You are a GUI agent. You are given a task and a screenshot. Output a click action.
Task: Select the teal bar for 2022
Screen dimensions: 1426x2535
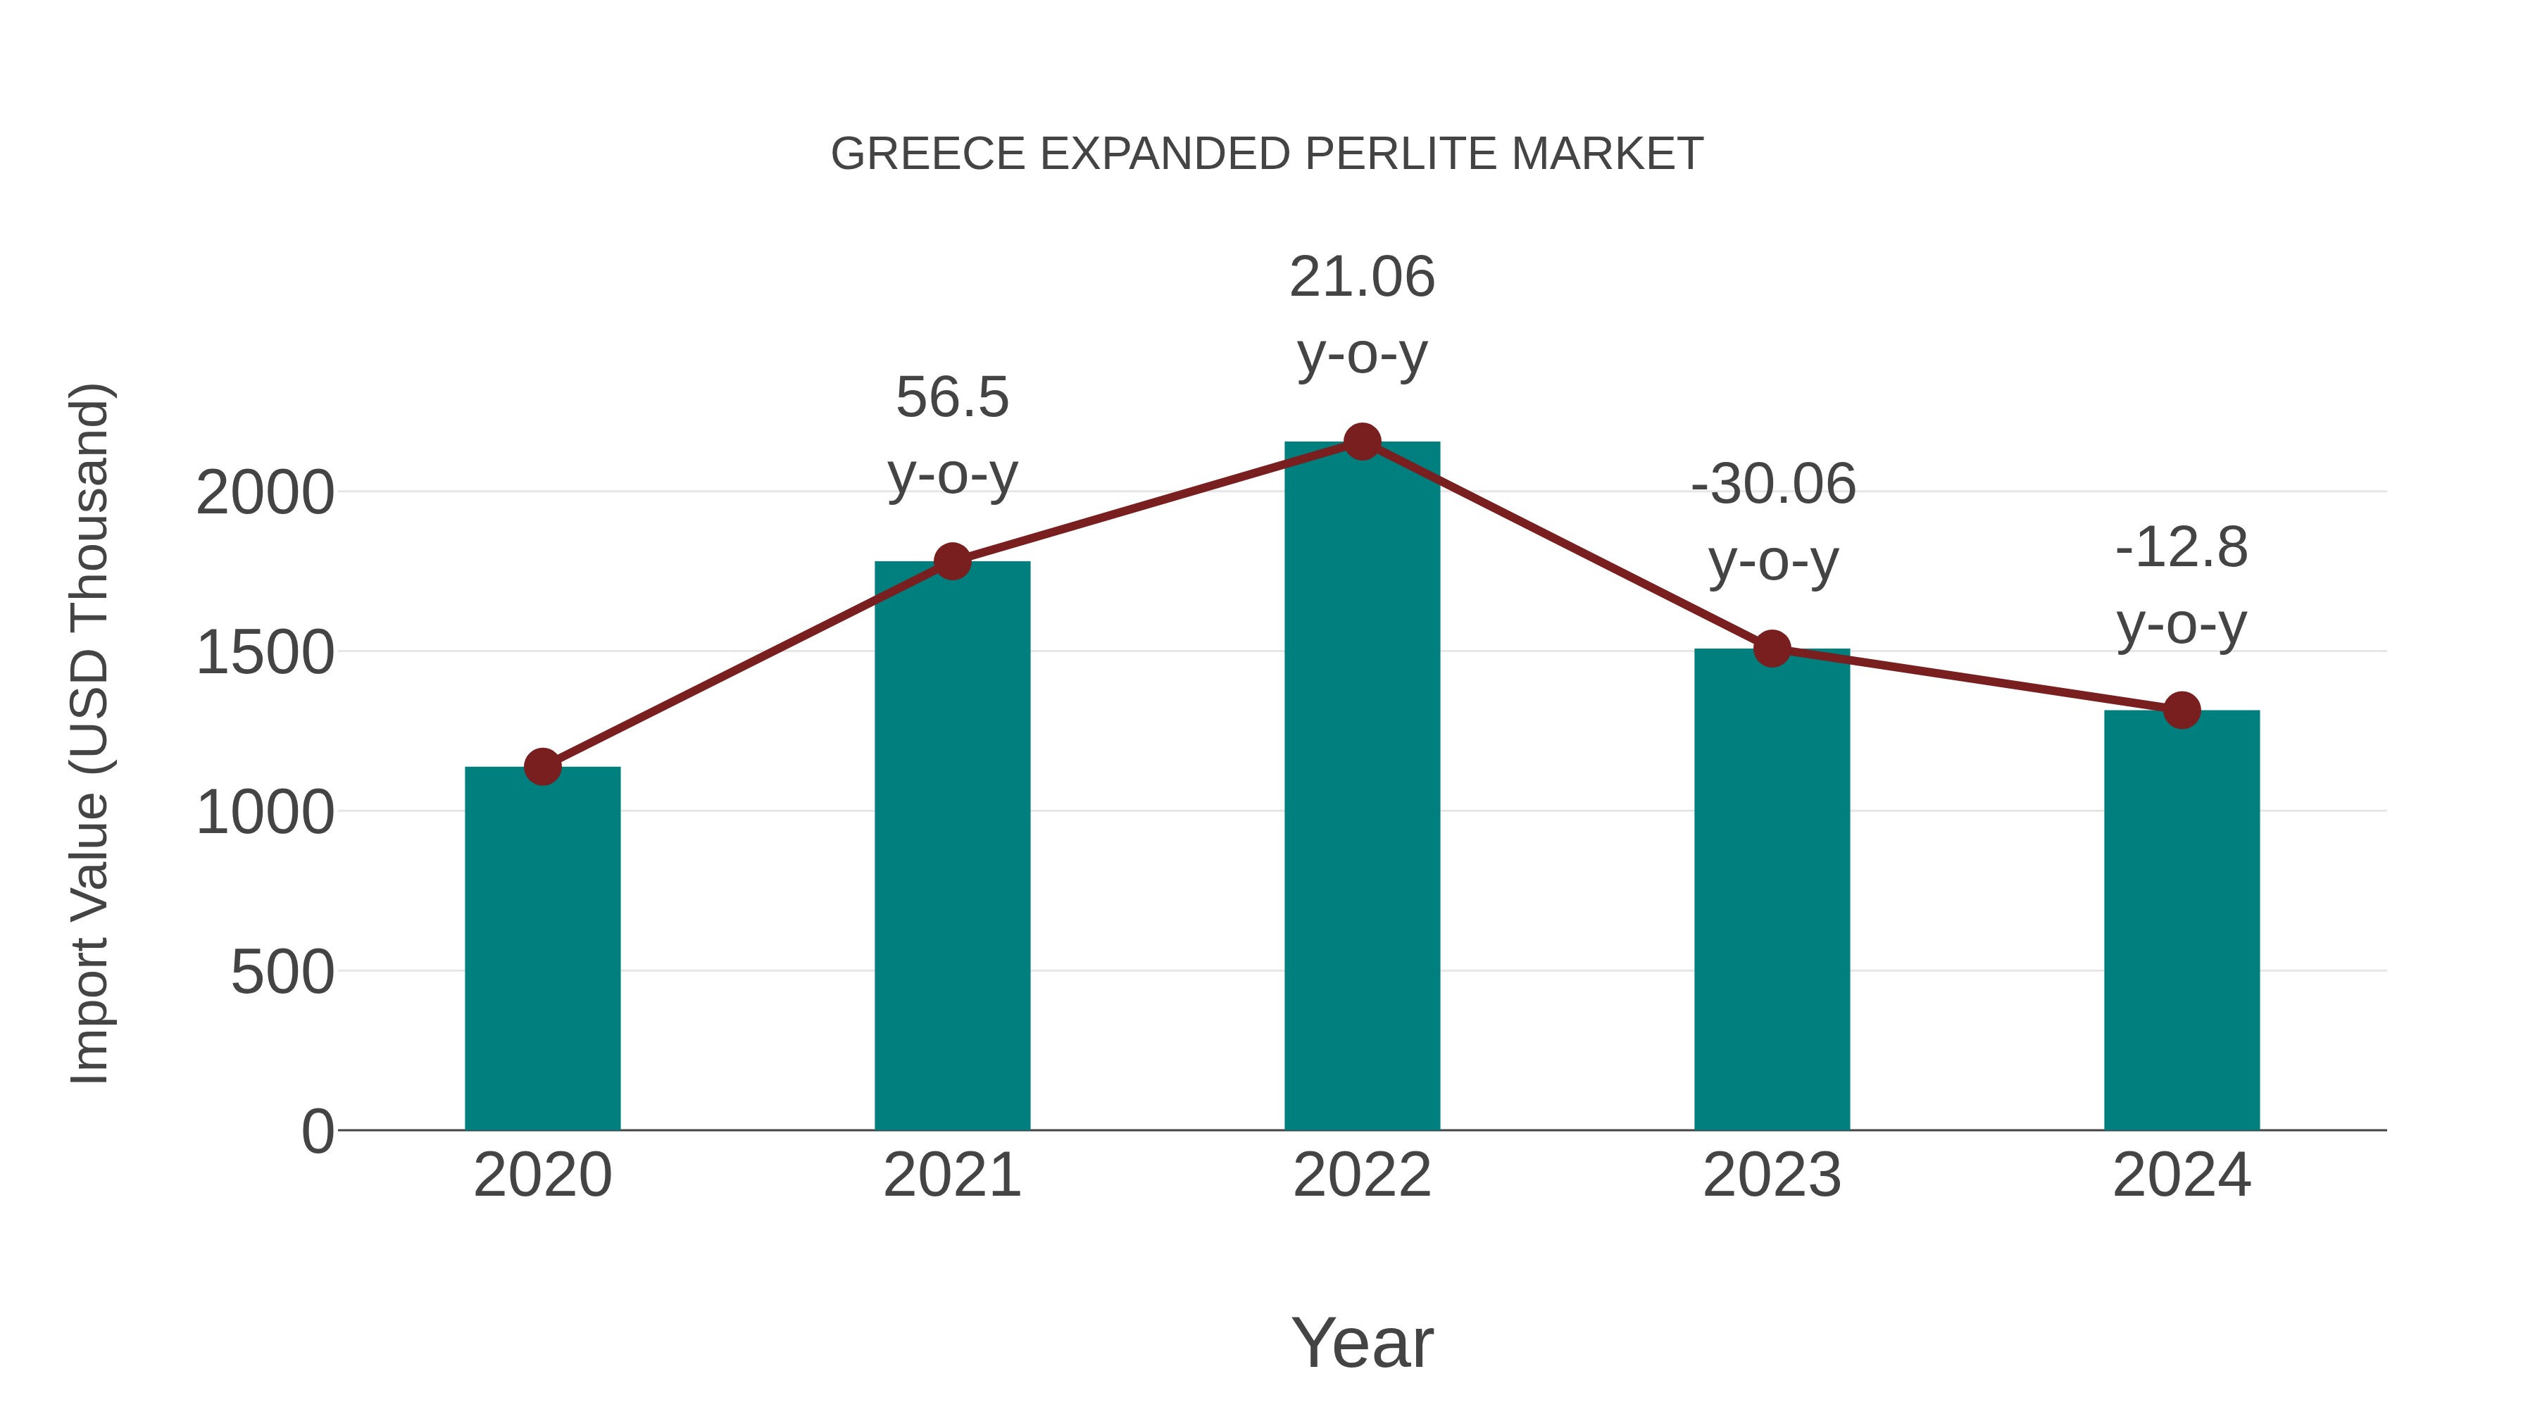click(1362, 787)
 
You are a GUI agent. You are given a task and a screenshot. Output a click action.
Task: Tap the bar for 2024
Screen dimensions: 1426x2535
click(2182, 920)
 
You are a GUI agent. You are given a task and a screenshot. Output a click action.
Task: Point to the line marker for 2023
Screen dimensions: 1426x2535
click(1772, 649)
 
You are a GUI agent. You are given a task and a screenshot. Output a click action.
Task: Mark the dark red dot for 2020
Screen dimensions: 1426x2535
click(542, 767)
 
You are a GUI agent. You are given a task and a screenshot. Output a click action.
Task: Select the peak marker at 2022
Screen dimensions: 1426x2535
click(1362, 442)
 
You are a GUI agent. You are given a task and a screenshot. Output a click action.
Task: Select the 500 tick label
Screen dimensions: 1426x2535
click(282, 973)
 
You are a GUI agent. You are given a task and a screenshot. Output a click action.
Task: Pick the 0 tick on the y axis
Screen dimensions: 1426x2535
click(318, 1132)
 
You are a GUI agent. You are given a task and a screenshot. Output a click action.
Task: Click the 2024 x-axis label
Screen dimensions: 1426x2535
click(2182, 1175)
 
